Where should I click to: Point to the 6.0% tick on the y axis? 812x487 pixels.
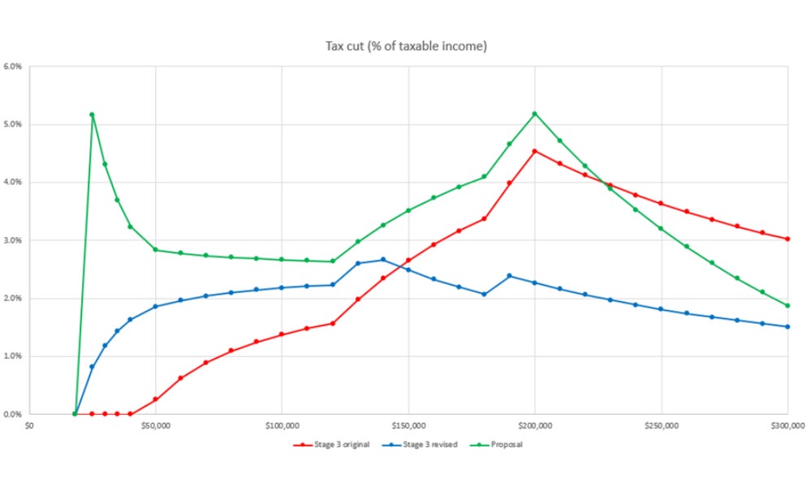point(14,67)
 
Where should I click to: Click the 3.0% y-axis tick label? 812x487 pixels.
point(14,240)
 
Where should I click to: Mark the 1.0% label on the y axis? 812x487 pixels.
point(14,356)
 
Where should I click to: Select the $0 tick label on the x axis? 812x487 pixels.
point(29,425)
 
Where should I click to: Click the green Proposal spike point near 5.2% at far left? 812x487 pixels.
point(92,115)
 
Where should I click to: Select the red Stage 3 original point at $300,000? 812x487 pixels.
point(788,239)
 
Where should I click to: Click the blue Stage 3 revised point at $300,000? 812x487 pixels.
point(788,327)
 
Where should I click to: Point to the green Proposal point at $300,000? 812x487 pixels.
point(788,305)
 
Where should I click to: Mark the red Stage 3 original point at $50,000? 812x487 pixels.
point(155,399)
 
